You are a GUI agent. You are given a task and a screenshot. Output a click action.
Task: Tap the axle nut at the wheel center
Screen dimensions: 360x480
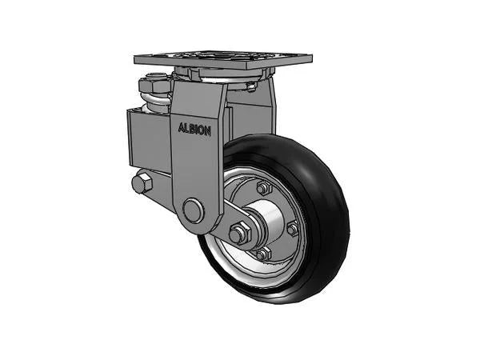coord(238,234)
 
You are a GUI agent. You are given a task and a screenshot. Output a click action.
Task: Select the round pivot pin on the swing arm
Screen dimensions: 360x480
coord(192,210)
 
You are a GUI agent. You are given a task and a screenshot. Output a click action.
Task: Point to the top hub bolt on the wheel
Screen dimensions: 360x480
coord(262,188)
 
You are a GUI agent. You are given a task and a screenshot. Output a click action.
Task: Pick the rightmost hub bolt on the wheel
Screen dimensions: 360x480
coord(292,229)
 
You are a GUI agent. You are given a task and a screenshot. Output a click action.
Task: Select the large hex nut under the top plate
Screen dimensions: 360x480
coord(154,85)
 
